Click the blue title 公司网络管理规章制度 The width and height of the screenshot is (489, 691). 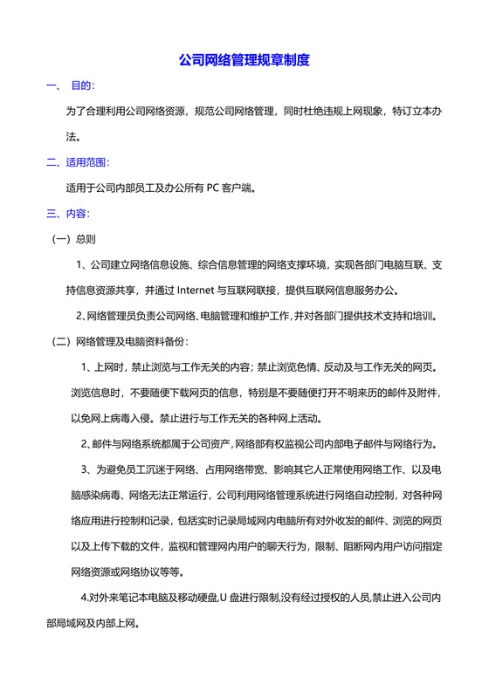(x=244, y=61)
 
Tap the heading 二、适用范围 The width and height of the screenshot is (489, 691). (x=78, y=162)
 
